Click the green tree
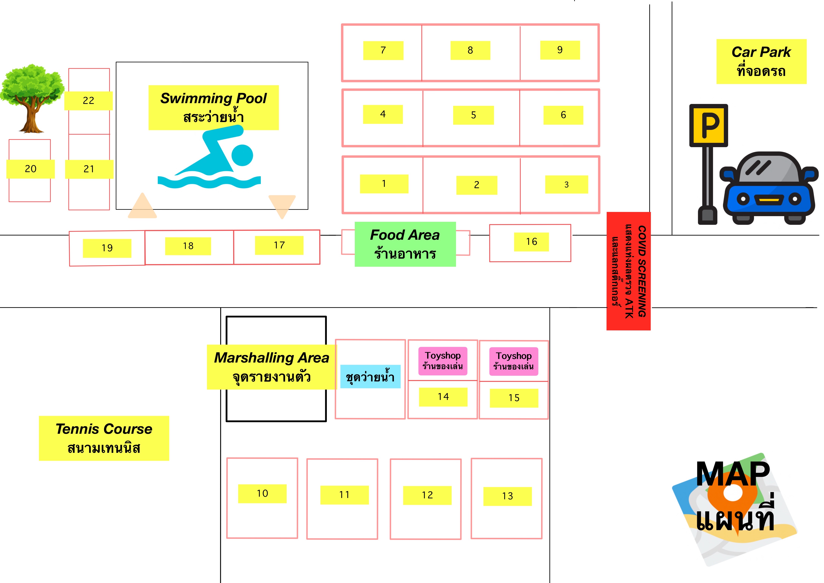pyautogui.click(x=32, y=97)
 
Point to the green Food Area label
pyautogui.click(x=405, y=244)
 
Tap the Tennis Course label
pyautogui.click(x=104, y=438)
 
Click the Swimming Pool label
pyautogui.click(x=214, y=107)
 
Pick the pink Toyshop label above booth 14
pyautogui.click(x=443, y=361)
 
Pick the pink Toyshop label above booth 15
pyautogui.click(x=514, y=361)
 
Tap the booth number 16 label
pyautogui.click(x=531, y=242)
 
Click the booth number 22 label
pyautogui.click(x=88, y=101)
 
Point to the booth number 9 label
pyautogui.click(x=559, y=50)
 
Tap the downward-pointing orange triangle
pyautogui.click(x=282, y=205)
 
